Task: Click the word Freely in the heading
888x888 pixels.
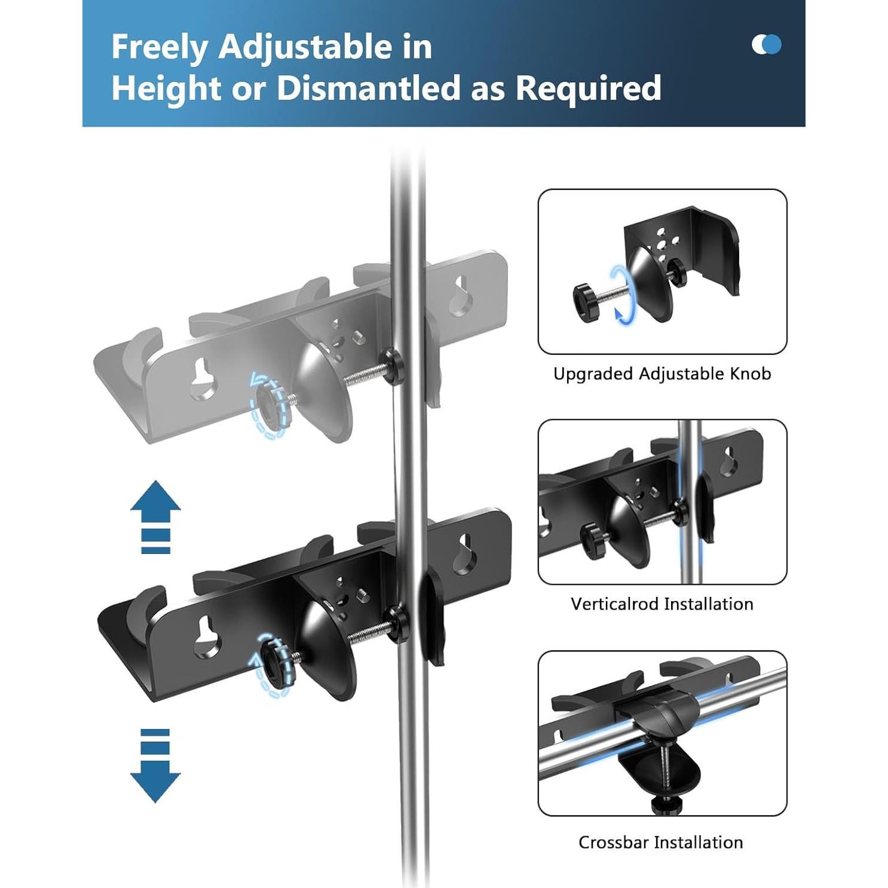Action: tap(160, 48)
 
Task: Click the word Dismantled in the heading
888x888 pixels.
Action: tap(368, 88)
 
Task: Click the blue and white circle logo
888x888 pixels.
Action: tap(766, 44)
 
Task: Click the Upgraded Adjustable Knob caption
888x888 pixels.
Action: tap(662, 374)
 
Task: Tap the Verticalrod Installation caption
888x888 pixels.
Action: tap(662, 604)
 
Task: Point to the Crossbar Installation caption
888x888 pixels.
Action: tap(660, 843)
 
